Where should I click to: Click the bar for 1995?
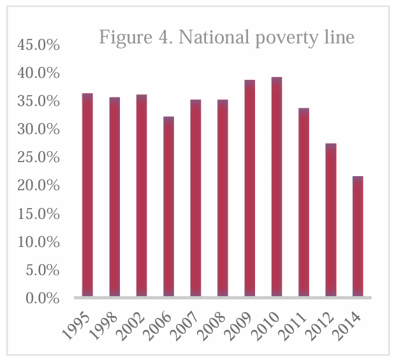click(87, 195)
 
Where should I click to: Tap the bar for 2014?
click(358, 236)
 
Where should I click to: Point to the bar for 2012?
click(330, 220)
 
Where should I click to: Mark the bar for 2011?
click(303, 202)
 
